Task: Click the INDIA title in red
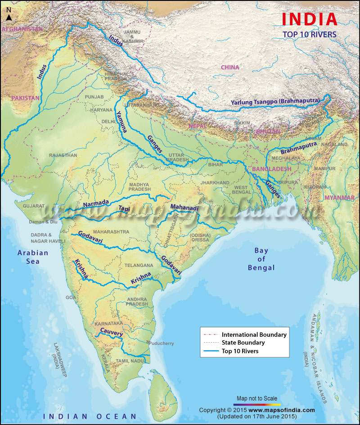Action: click(309, 19)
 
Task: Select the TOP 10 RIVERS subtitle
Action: click(309, 34)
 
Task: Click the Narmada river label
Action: click(96, 203)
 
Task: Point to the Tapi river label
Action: click(124, 208)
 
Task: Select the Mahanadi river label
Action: click(184, 208)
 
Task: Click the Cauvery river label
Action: click(111, 332)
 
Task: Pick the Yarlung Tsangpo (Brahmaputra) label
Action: click(275, 101)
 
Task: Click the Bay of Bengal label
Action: click(261, 259)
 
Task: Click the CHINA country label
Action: click(229, 68)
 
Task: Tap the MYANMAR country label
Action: click(339, 198)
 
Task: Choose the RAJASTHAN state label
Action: click(63, 155)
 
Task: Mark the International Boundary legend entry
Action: click(254, 335)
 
